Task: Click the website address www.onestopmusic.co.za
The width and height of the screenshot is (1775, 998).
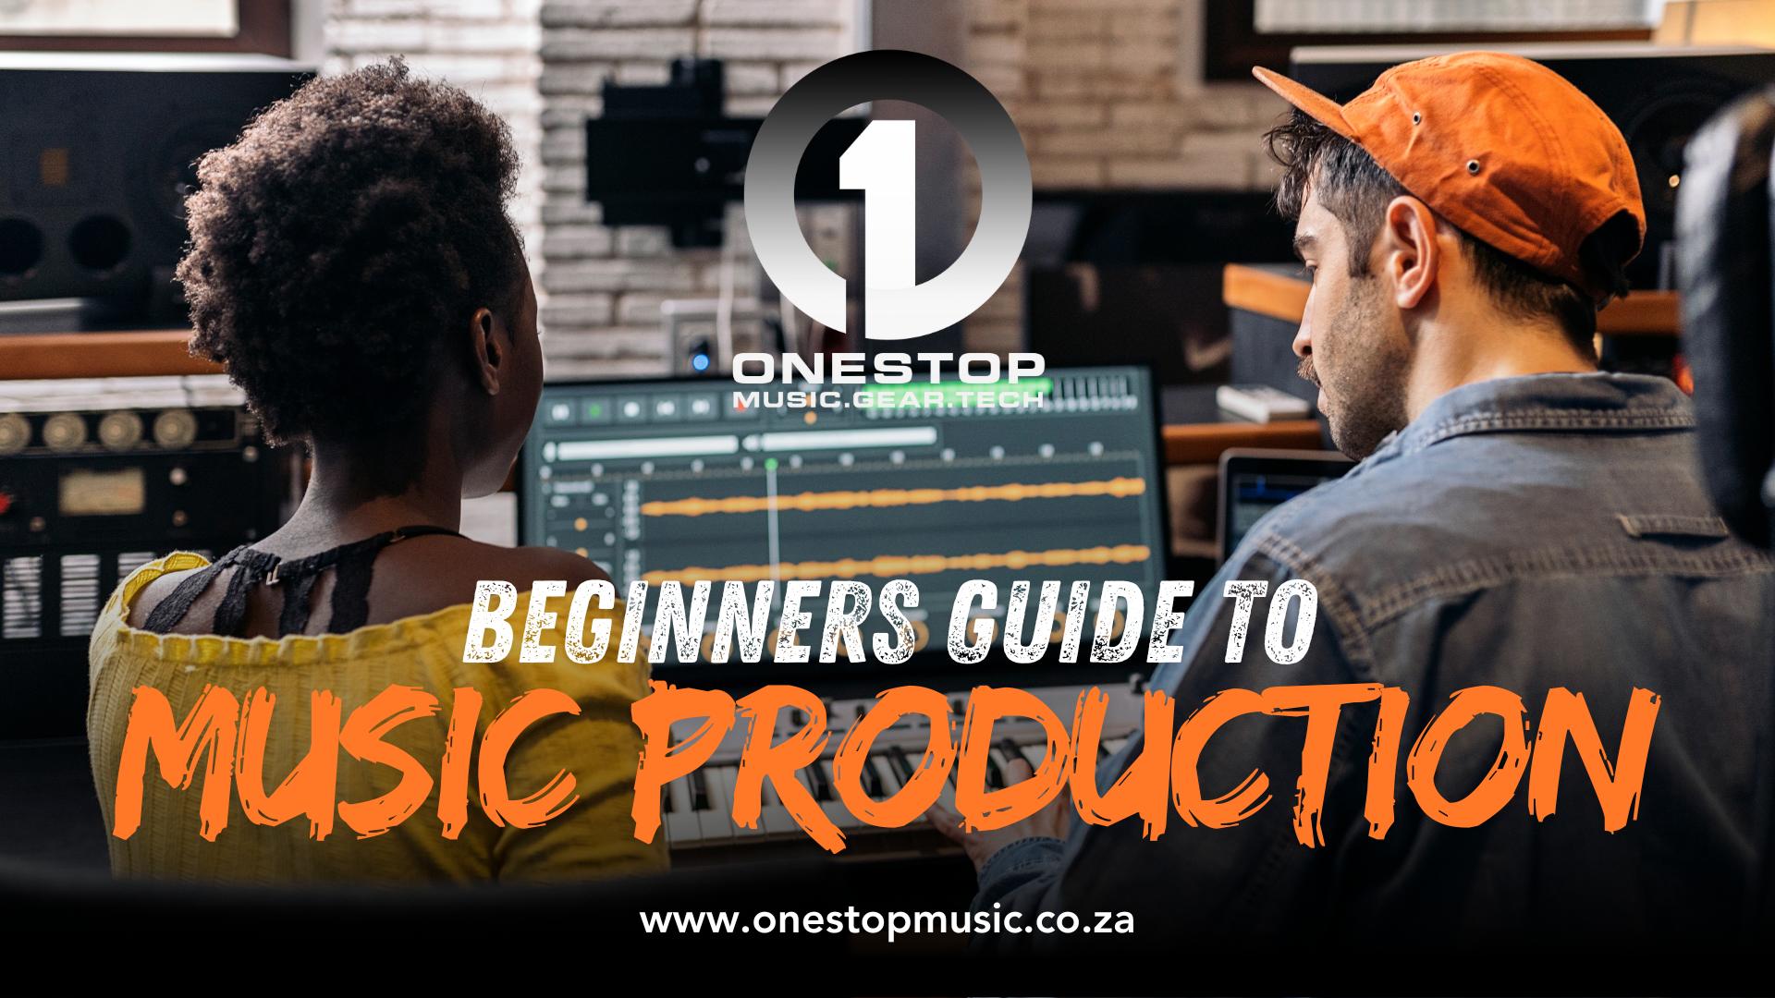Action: pyautogui.click(x=887, y=921)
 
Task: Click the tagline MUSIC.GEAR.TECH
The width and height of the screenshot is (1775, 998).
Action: pyautogui.click(x=887, y=398)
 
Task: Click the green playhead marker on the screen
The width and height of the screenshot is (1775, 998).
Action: pyautogui.click(x=771, y=461)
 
